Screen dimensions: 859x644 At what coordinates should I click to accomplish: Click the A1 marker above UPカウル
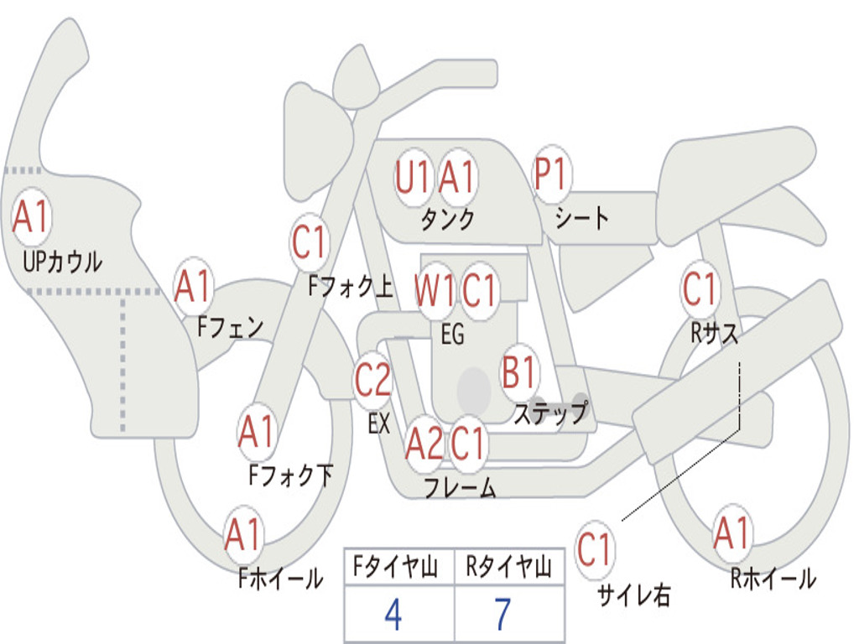[31, 217]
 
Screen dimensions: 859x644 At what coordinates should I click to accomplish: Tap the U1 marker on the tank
[413, 177]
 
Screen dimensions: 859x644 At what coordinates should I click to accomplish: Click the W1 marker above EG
[435, 289]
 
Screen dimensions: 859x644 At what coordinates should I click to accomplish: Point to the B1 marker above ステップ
[519, 371]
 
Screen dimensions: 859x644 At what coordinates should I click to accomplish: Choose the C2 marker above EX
[373, 379]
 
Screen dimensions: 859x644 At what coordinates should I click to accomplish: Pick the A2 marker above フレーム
[424, 443]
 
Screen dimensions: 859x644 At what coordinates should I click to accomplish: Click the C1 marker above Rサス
[700, 288]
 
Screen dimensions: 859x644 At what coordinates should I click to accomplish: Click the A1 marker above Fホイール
[243, 533]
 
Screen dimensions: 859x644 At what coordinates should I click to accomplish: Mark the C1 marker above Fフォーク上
[310, 241]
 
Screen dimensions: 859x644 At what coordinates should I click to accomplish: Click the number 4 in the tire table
[393, 615]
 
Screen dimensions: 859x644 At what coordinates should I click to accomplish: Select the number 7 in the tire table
[503, 615]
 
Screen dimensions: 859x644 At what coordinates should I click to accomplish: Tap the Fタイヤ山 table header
[396, 567]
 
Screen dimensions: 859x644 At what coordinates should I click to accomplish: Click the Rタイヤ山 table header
[508, 567]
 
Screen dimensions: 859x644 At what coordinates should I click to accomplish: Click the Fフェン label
[230, 327]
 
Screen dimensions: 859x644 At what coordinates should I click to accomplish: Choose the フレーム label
[461, 487]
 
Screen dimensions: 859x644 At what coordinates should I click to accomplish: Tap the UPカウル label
[62, 262]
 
